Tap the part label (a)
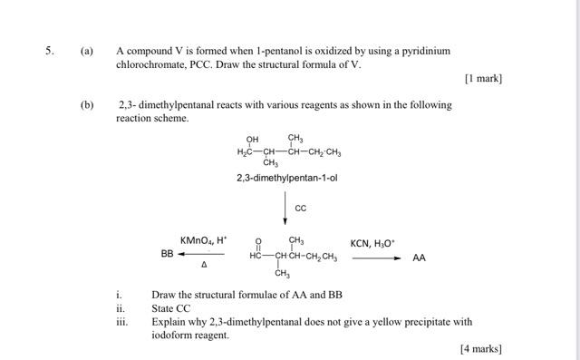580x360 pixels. (x=87, y=51)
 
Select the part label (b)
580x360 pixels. (x=87, y=104)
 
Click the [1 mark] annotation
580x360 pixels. (x=482, y=79)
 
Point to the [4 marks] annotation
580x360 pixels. (x=480, y=349)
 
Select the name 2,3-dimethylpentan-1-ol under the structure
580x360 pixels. (x=286, y=179)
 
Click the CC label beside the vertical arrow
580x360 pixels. (x=301, y=209)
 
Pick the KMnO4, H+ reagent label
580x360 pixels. (x=204, y=240)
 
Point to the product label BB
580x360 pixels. (x=168, y=255)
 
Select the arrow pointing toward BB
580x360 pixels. (x=201, y=255)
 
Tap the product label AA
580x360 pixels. (x=419, y=258)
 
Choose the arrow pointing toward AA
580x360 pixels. (x=376, y=258)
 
